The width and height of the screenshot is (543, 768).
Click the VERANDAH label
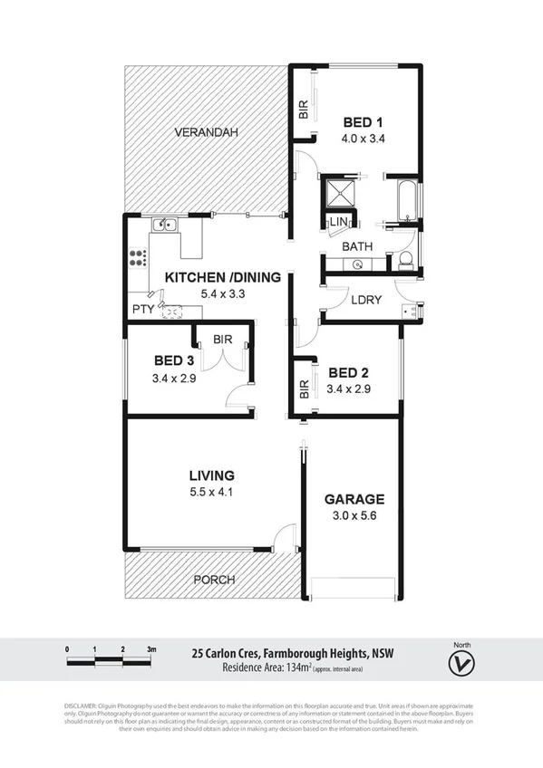tap(208, 132)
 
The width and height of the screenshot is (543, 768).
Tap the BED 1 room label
tap(363, 124)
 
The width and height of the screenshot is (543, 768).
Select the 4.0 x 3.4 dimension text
tap(363, 139)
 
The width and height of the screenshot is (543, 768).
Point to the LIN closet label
tap(340, 222)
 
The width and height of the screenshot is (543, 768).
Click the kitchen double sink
tap(164, 225)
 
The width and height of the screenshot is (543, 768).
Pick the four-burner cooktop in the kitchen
tap(138, 257)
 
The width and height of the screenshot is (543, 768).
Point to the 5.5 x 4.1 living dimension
tap(211, 492)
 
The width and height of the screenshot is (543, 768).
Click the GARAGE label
tap(354, 499)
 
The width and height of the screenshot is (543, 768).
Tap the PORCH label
tap(214, 580)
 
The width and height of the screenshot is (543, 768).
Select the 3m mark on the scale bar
tap(151, 649)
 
